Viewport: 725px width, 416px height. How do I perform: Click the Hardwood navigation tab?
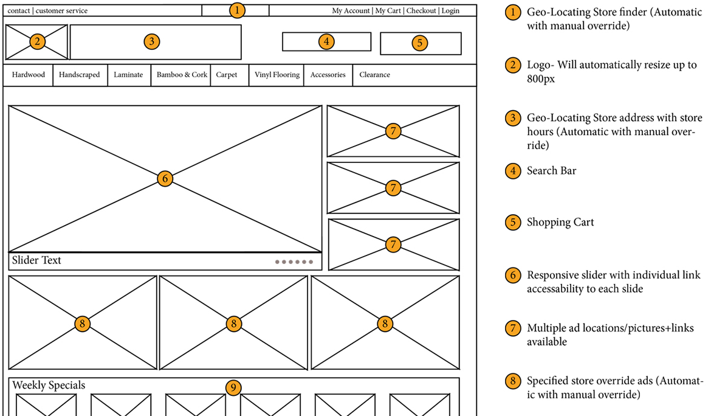[x=29, y=75]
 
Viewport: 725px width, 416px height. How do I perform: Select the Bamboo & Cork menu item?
[x=182, y=75]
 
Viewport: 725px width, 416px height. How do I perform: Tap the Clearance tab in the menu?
[x=374, y=75]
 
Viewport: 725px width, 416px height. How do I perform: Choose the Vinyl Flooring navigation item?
[x=277, y=75]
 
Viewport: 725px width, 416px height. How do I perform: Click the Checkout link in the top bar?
[x=421, y=11]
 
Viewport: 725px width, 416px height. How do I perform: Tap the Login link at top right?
[x=450, y=11]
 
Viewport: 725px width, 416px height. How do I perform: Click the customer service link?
[x=61, y=11]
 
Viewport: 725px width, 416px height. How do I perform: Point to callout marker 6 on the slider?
[x=165, y=178]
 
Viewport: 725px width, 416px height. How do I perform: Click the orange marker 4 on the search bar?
[x=326, y=41]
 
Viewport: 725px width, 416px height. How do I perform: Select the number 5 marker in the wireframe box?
[x=419, y=43]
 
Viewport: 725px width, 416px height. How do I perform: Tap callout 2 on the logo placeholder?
[x=37, y=41]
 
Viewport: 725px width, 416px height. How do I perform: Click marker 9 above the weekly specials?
[x=233, y=387]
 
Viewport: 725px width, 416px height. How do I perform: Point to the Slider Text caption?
[x=36, y=260]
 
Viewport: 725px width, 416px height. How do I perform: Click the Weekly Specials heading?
[x=49, y=385]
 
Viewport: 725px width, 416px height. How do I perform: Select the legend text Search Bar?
[x=551, y=171]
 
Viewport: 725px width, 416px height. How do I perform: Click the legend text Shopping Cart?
[x=560, y=222]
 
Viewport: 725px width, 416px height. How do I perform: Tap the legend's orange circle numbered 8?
[x=514, y=381]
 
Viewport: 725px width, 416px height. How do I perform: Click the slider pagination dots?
[x=294, y=262]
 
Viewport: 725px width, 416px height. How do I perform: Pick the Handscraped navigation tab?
[x=80, y=75]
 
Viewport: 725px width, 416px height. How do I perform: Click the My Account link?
[x=351, y=11]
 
